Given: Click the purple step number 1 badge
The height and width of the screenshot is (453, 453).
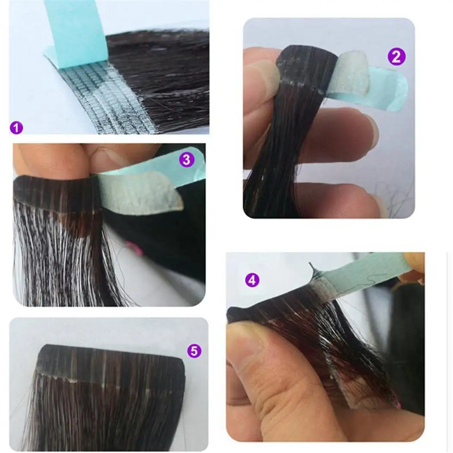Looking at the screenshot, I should (x=16, y=127).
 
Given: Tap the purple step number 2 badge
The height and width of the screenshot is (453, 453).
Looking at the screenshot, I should (x=396, y=57).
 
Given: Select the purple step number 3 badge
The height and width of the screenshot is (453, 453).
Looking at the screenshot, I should (x=186, y=160).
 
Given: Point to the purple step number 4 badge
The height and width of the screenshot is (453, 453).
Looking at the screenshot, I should (x=252, y=280).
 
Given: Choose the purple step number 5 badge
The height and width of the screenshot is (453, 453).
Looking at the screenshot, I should (x=194, y=351).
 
